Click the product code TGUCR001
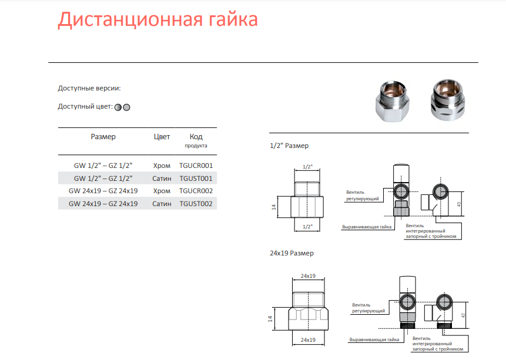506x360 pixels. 196,166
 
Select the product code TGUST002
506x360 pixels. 196,204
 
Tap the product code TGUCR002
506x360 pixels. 196,191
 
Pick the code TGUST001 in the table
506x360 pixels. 196,179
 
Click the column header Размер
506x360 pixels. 103,137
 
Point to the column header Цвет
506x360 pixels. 162,137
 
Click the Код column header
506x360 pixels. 196,137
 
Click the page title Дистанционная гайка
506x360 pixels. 158,19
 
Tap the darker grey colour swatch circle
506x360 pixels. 118,107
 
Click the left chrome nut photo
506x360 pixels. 393,101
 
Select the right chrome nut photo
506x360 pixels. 448,99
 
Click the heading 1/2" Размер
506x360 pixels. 289,146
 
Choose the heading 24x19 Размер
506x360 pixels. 291,253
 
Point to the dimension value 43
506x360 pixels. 459,204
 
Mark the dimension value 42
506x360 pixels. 463,315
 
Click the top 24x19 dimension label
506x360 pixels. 308,276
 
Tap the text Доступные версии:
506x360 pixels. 89,89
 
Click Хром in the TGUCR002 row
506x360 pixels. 162,191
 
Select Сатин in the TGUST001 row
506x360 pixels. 162,179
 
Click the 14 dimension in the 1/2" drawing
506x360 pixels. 274,207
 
